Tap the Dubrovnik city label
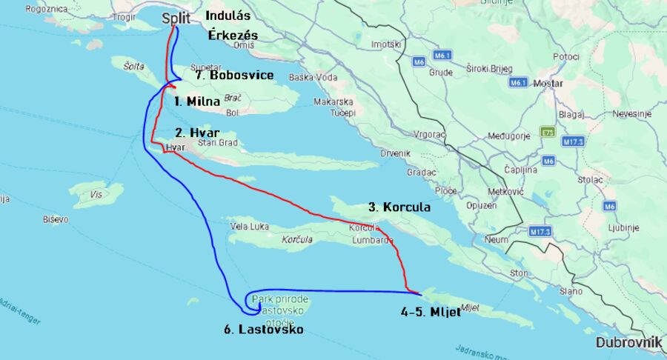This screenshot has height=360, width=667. [x=628, y=342]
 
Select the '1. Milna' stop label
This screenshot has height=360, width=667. [x=196, y=101]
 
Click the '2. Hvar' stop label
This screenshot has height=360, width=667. [x=197, y=133]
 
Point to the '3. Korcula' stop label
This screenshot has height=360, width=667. [x=399, y=207]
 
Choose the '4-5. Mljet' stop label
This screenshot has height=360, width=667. [x=431, y=313]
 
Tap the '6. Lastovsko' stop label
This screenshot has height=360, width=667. [x=263, y=329]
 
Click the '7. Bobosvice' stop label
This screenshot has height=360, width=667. [x=234, y=76]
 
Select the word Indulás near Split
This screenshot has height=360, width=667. [x=228, y=15]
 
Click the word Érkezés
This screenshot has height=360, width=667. [x=233, y=35]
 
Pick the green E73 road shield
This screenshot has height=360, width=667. [x=548, y=132]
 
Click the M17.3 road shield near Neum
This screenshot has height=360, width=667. [x=541, y=231]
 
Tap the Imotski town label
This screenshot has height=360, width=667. [x=385, y=44]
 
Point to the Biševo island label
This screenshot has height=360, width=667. [x=55, y=219]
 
